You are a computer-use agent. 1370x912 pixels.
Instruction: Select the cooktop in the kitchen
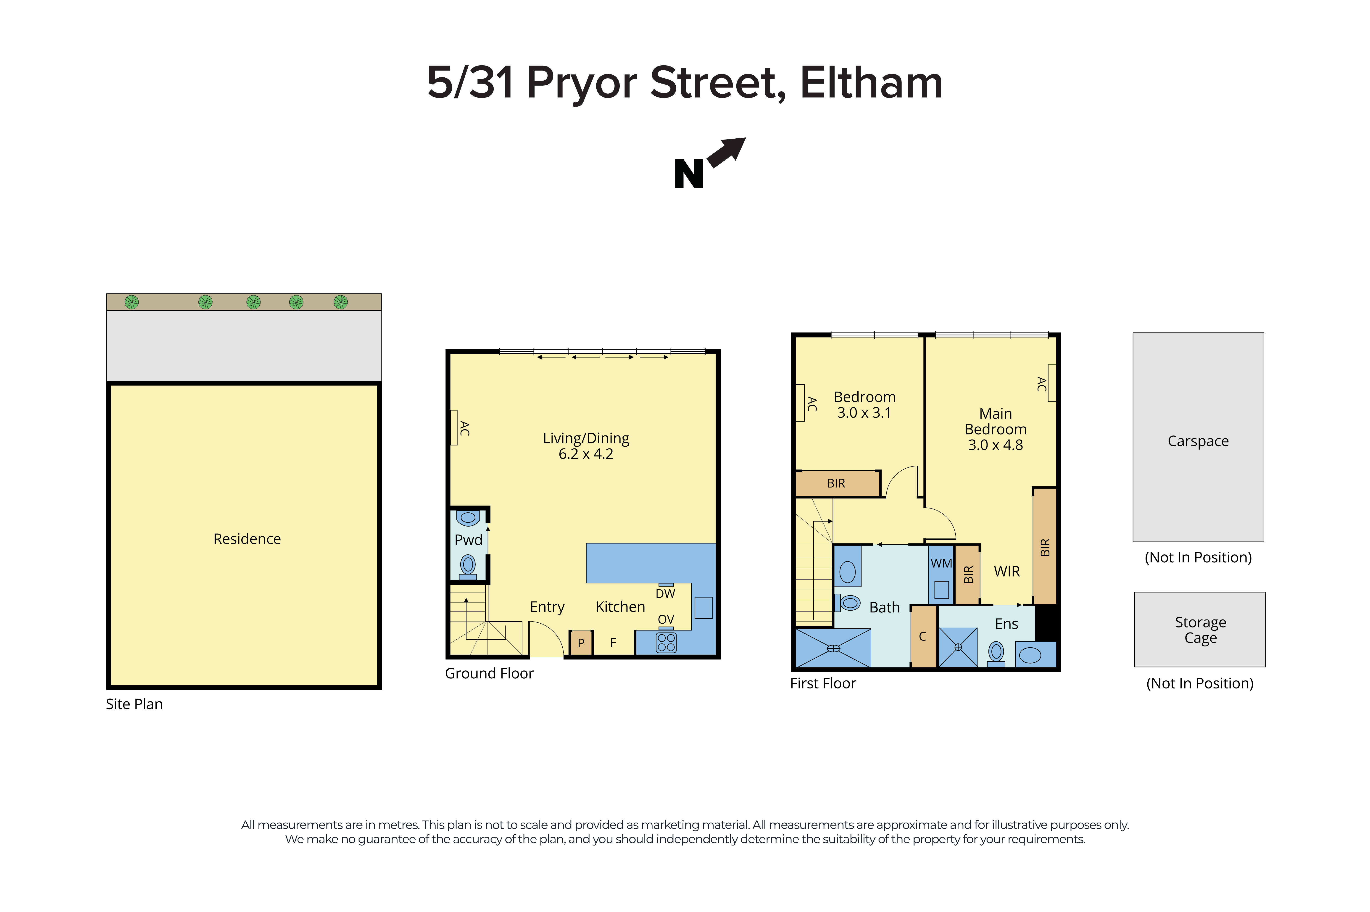point(666,642)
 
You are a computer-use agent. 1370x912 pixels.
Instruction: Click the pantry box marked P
point(580,643)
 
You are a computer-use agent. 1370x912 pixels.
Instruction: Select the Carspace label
point(1198,441)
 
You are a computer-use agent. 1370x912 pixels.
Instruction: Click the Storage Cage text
point(1200,630)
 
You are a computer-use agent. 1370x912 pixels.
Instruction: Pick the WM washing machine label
point(941,563)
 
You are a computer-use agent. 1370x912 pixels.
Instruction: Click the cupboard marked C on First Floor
point(923,636)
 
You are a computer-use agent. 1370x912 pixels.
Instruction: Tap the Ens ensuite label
point(1006,624)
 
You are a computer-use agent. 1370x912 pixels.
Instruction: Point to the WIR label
point(1006,571)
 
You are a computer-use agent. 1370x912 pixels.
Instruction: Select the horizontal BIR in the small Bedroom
point(836,483)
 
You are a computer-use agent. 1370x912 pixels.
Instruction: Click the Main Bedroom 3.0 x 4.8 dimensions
point(995,445)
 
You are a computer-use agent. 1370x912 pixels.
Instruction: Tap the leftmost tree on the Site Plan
point(132,302)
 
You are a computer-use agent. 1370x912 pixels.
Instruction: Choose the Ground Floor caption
point(489,673)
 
